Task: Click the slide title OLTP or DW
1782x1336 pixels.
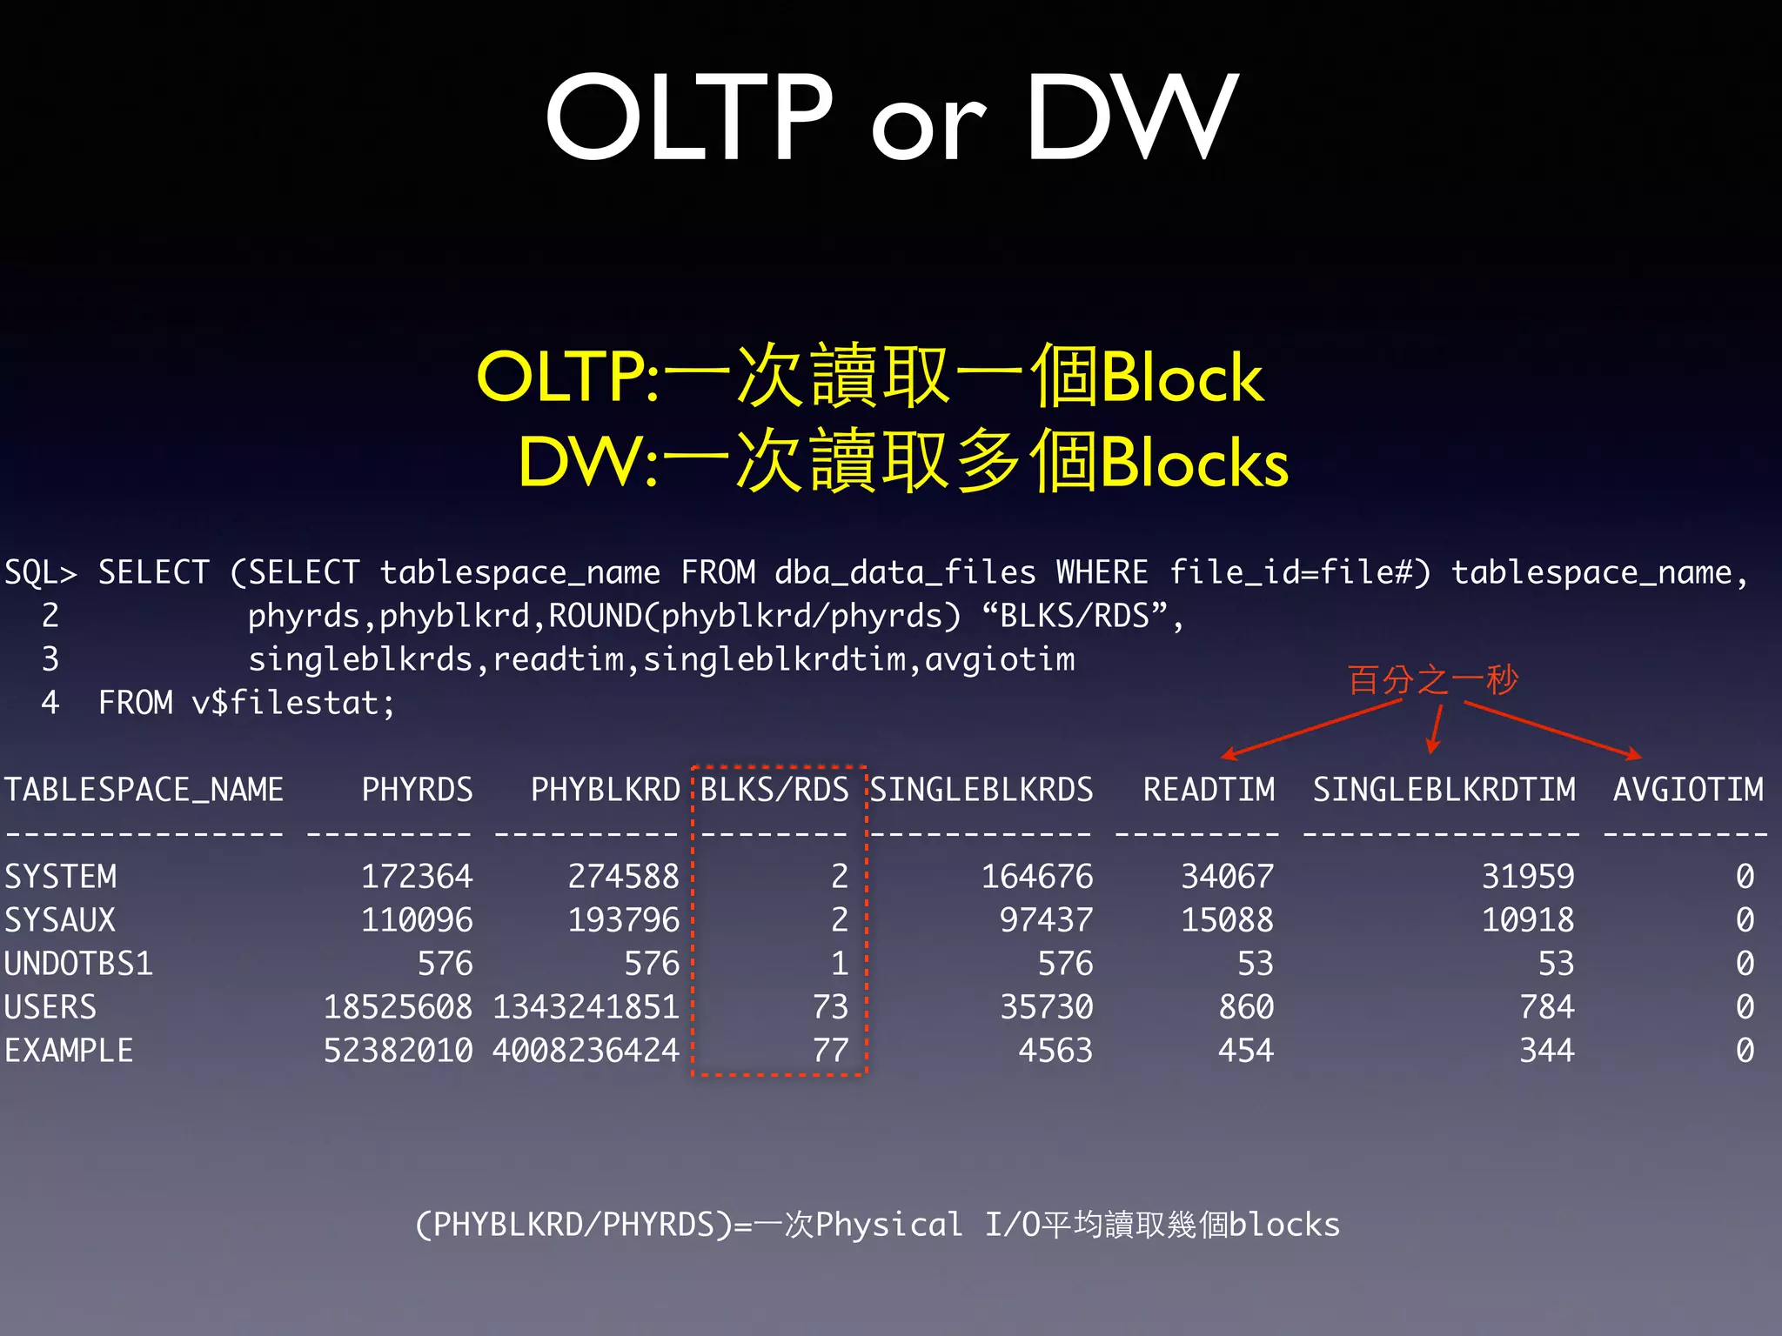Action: click(x=891, y=117)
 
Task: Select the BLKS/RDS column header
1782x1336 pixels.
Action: click(x=774, y=790)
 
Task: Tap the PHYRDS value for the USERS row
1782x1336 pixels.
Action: click(x=398, y=1007)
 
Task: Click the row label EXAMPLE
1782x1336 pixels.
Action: click(x=69, y=1051)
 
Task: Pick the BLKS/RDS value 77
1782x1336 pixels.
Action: click(x=830, y=1051)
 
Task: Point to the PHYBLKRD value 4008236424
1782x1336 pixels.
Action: click(x=586, y=1051)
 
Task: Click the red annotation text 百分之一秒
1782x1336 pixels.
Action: click(x=1432, y=679)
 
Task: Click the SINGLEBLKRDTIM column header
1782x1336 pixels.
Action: click(x=1444, y=790)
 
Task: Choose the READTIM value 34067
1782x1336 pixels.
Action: click(x=1227, y=877)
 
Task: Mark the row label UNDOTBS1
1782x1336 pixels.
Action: click(x=78, y=964)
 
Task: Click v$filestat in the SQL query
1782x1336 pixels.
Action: click(x=292, y=703)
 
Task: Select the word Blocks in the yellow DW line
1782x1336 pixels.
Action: click(x=1194, y=463)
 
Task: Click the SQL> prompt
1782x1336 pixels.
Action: click(x=40, y=572)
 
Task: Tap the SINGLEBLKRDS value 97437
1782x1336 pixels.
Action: click(x=1046, y=920)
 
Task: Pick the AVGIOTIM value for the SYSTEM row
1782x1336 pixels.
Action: click(x=1745, y=877)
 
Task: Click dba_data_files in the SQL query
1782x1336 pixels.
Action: click(x=905, y=572)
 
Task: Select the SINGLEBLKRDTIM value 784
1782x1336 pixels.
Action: click(x=1547, y=1007)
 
